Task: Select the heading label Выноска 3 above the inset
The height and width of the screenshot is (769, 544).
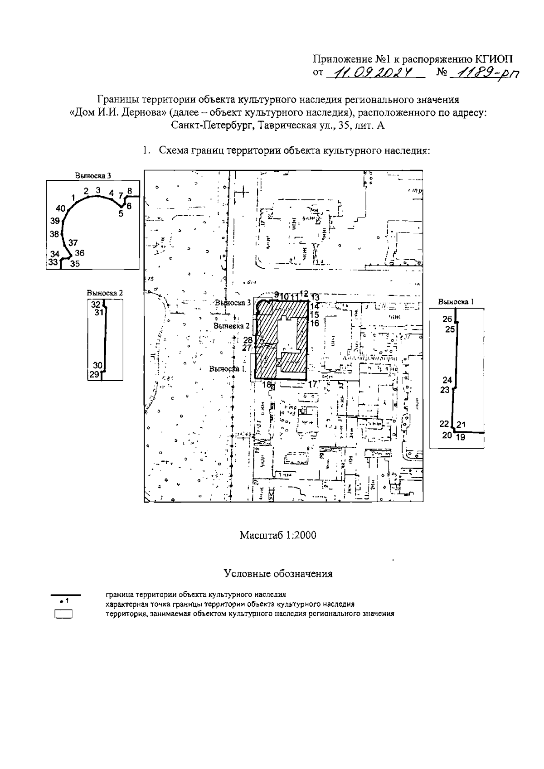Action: tap(92, 175)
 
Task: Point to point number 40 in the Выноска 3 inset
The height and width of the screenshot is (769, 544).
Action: tap(61, 208)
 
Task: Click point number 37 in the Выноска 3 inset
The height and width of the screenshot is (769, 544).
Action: tap(73, 242)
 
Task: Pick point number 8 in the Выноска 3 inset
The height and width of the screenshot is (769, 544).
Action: tap(130, 191)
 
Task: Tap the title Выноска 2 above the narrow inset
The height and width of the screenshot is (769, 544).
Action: tap(105, 293)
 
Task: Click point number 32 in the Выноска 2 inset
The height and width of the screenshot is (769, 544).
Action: tap(95, 305)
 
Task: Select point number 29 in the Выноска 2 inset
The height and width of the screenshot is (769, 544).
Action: tap(94, 374)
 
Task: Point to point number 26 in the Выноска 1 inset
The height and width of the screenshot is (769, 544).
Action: tap(447, 319)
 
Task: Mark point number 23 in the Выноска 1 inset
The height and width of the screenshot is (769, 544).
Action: tap(445, 390)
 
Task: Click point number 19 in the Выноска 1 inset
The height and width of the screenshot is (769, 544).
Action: tap(461, 437)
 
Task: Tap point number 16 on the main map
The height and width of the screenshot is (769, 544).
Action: tap(315, 323)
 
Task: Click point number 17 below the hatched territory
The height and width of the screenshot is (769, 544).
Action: tap(312, 384)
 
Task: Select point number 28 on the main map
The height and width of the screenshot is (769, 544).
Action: tap(248, 340)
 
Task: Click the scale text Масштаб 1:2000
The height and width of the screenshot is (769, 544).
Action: tap(277, 535)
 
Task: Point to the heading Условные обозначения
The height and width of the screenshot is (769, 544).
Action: tap(278, 574)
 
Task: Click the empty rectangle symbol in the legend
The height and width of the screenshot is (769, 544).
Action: tap(64, 614)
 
